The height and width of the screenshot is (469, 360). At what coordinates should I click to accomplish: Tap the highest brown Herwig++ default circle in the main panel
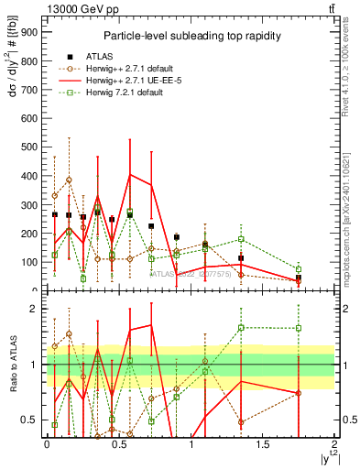(69, 180)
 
